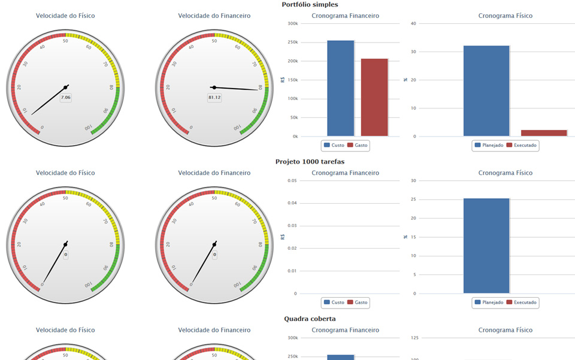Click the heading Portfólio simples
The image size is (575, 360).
coord(310,5)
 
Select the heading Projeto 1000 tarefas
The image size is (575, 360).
coord(310,162)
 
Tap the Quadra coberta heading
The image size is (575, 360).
coord(310,319)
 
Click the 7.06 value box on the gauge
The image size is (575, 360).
coord(66,98)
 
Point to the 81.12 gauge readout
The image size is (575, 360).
coord(214,98)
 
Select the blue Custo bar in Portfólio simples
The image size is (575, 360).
coord(340,88)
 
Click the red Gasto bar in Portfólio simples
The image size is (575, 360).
coord(374,98)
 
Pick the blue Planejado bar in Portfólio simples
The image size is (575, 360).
coord(486,91)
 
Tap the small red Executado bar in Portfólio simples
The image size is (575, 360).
coord(544,133)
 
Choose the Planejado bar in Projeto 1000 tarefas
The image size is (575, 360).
coord(486,246)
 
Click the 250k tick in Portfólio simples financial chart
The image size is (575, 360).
coord(293,42)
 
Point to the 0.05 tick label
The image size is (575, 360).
coord(292,181)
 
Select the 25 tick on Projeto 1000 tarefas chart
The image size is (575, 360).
coord(413,199)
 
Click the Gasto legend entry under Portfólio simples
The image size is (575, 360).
coord(357,145)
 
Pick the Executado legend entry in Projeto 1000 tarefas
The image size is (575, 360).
coord(521,302)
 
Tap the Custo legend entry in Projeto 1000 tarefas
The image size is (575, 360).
coord(334,302)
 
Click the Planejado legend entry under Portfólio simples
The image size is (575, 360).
coord(489,145)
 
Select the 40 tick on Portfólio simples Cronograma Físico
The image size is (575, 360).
coord(413,23)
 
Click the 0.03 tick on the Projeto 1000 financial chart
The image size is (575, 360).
coord(292,226)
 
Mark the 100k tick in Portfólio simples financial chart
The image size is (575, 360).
coord(293,99)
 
